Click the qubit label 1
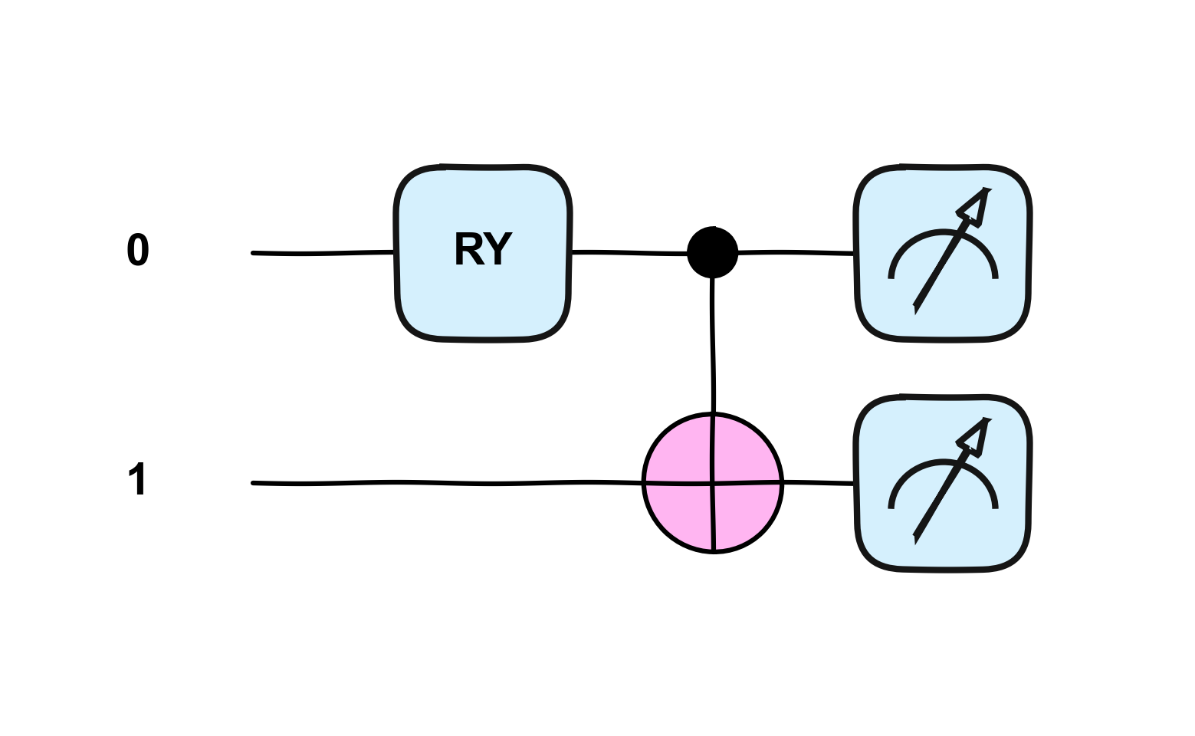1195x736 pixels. [136, 480]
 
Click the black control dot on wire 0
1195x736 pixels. [713, 252]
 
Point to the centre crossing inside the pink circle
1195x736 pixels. [714, 483]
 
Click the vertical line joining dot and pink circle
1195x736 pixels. [714, 345]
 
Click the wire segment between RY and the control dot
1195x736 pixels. [629, 252]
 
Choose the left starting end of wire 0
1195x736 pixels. [254, 253]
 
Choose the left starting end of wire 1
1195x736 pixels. [254, 483]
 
